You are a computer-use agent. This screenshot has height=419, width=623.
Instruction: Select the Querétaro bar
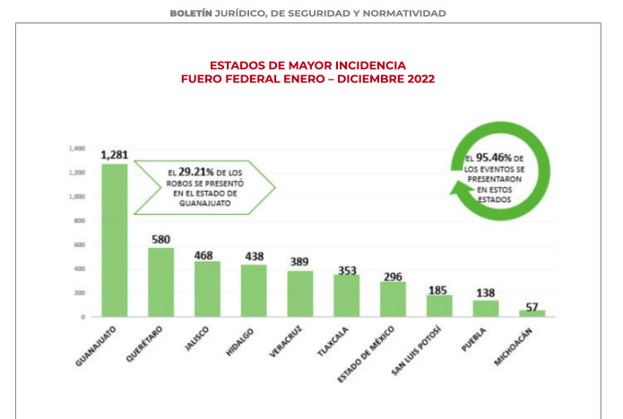(x=160, y=282)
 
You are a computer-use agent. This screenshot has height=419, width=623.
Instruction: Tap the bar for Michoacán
(x=532, y=313)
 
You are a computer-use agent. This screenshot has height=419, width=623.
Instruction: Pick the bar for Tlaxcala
(x=346, y=295)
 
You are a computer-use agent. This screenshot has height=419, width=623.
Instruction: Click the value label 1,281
(x=114, y=155)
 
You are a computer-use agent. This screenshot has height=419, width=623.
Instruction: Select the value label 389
(x=299, y=262)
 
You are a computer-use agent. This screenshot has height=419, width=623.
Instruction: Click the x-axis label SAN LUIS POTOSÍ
(x=415, y=352)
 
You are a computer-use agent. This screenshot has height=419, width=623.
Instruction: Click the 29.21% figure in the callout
(x=195, y=170)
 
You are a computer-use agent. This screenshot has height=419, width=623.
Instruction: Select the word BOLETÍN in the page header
(x=193, y=13)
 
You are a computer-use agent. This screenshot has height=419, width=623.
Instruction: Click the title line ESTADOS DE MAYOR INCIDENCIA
(x=307, y=65)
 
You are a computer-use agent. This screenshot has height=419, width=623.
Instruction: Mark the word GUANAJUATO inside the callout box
(x=193, y=202)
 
